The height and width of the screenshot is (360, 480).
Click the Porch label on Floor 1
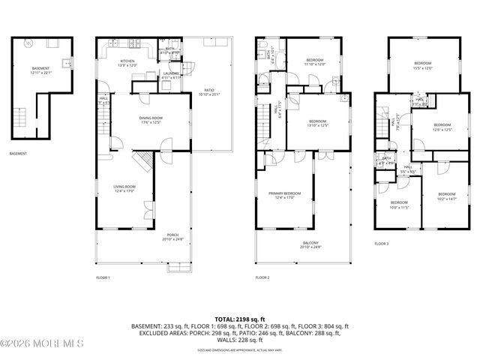172,238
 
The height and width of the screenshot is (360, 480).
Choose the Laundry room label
172,74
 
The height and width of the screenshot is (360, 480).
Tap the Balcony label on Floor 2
310,244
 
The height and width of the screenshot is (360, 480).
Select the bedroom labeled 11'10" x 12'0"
315,62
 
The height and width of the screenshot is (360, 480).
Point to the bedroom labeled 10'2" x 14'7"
446,196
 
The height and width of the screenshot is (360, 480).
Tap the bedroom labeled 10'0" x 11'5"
398,204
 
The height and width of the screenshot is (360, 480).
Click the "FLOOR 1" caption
103,277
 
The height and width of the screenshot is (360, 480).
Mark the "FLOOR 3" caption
382,243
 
